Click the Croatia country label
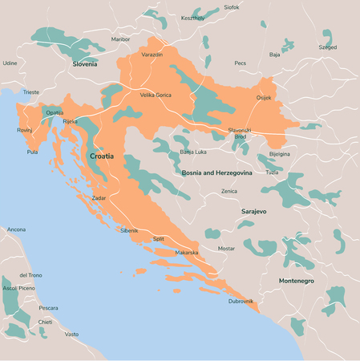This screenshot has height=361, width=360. [102, 156]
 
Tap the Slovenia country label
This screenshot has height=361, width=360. [84, 63]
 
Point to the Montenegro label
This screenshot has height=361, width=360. [296, 281]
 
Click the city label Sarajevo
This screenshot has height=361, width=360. [253, 210]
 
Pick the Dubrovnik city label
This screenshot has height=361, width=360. [241, 301]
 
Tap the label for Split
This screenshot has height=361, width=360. [159, 238]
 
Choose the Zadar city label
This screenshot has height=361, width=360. [99, 197]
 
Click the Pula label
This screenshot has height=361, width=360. [32, 152]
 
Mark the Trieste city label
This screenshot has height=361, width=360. [31, 92]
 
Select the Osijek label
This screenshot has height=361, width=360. [264, 98]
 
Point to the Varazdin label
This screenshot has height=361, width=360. [152, 55]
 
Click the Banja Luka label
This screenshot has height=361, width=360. [193, 152]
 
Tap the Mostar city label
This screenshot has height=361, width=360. [227, 249]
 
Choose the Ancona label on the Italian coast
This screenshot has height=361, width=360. [16, 229]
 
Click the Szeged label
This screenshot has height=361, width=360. [328, 47]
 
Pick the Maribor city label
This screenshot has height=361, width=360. [120, 39]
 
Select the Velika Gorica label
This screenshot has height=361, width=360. [156, 95]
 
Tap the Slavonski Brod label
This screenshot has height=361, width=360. [240, 133]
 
